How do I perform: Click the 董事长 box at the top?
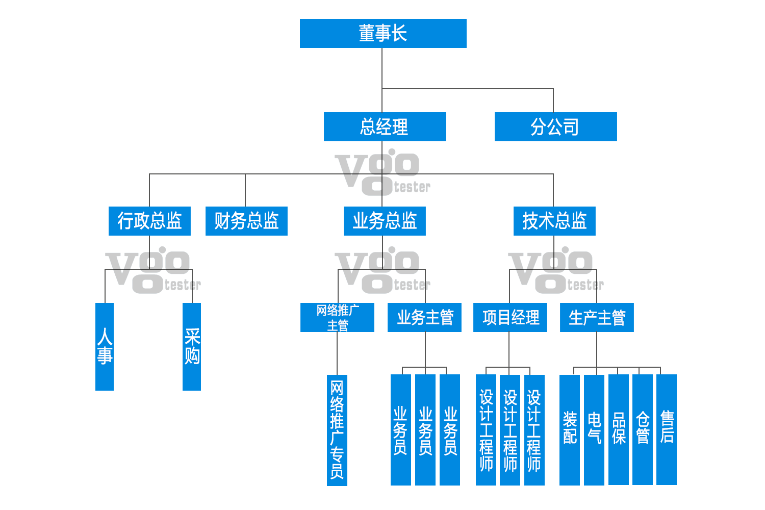click(383, 34)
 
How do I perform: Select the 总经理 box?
click(385, 127)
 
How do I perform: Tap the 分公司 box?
click(555, 127)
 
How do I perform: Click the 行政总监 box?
click(149, 221)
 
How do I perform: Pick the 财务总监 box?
click(246, 221)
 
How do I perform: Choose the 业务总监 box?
click(385, 221)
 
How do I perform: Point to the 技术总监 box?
click(554, 221)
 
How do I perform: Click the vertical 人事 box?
click(105, 347)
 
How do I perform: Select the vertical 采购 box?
click(192, 347)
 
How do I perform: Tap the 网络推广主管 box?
click(337, 318)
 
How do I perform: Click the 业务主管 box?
click(424, 318)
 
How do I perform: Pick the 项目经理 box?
click(510, 318)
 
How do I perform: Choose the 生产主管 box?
click(597, 318)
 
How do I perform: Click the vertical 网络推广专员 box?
click(337, 430)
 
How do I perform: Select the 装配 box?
click(570, 429)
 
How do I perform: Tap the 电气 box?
click(594, 429)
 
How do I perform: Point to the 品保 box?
click(619, 429)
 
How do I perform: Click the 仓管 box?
click(643, 429)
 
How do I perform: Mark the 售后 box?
click(667, 429)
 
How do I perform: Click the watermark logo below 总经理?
click(382, 173)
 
